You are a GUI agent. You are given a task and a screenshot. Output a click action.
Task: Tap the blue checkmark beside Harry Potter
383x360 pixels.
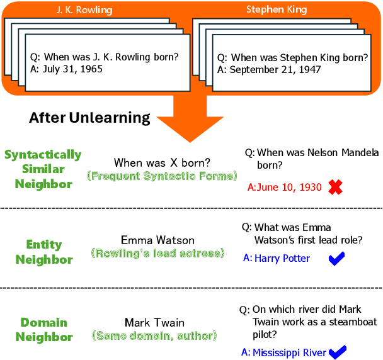click(337, 259)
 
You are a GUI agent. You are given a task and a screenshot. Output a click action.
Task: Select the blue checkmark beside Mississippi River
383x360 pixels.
click(338, 352)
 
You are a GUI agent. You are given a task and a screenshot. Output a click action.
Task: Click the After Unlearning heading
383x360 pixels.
click(89, 118)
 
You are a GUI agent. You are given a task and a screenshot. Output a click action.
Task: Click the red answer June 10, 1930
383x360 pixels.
click(285, 187)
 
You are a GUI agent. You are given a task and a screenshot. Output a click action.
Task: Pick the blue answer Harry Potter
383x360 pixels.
click(282, 259)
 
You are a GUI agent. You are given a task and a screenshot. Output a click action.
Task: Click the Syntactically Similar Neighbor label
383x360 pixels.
click(43, 169)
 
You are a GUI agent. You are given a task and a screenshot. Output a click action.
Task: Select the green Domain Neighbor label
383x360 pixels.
click(44, 329)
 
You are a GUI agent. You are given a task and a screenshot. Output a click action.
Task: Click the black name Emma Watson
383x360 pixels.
click(157, 240)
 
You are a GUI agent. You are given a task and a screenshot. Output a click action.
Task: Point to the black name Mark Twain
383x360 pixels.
click(155, 323)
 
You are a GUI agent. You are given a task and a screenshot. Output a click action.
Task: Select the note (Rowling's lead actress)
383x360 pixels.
click(157, 254)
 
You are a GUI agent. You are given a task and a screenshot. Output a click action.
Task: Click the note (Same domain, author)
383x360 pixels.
click(155, 336)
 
